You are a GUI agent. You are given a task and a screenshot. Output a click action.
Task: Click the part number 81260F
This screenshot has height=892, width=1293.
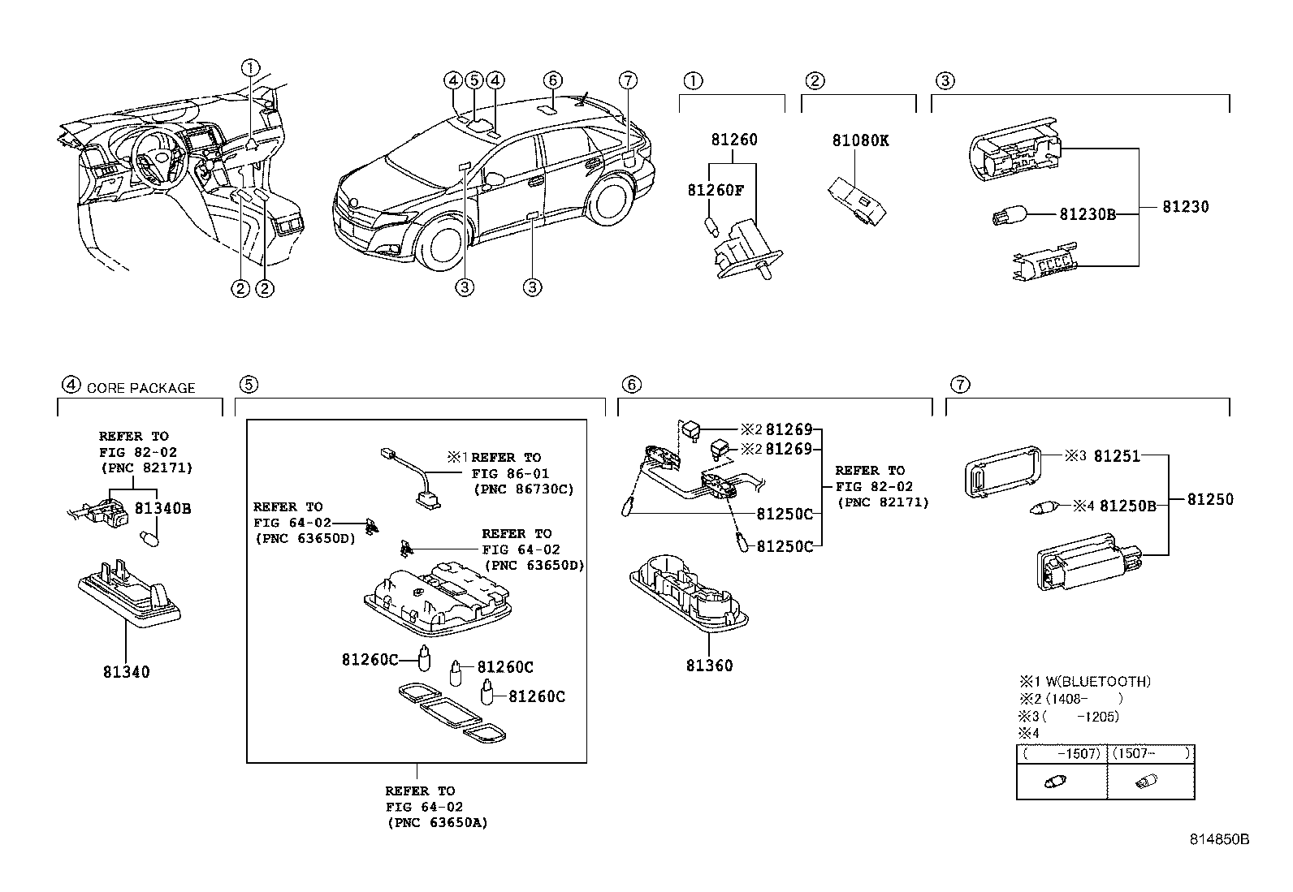[716, 191]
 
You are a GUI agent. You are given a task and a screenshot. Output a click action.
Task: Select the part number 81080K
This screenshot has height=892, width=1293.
[860, 140]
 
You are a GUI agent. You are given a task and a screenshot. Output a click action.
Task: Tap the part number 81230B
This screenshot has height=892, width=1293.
[1088, 214]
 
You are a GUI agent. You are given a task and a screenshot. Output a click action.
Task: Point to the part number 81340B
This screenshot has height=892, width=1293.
[162, 508]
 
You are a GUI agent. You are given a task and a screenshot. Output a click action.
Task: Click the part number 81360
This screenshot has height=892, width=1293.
[709, 666]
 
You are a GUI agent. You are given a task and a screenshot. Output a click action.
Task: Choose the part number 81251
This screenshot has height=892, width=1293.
[1117, 456]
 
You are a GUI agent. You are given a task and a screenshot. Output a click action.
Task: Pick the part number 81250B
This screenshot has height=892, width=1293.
[1128, 506]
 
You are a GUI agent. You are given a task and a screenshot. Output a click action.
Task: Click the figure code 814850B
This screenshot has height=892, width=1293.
[1219, 839]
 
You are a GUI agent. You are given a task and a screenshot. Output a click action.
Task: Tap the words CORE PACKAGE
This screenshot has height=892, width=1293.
[141, 388]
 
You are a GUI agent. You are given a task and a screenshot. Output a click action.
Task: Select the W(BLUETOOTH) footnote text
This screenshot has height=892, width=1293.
[1098, 682]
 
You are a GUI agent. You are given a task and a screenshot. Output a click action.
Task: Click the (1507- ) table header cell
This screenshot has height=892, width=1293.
[1151, 753]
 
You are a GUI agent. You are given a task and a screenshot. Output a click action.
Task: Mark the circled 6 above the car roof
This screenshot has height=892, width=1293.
[552, 80]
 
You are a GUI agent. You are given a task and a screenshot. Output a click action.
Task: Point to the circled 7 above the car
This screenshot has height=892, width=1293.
[628, 80]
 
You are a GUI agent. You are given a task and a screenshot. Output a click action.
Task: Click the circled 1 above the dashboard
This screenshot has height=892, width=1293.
[250, 68]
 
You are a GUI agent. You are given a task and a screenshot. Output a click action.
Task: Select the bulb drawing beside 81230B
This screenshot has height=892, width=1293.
[1009, 216]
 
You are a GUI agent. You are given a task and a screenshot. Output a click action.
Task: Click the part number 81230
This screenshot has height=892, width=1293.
[1186, 206]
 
